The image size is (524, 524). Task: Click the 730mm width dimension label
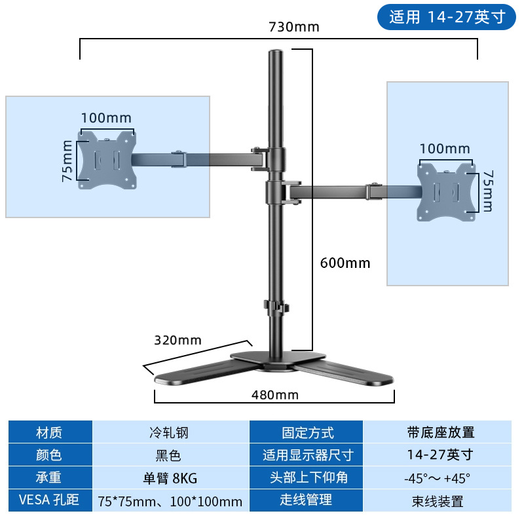(x=293, y=28)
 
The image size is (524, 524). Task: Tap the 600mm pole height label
(x=345, y=263)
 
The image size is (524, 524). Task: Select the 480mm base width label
(x=275, y=395)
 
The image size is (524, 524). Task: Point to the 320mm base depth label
(x=178, y=340)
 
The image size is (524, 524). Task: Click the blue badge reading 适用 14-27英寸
(x=447, y=17)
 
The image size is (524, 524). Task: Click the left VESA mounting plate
(x=107, y=159)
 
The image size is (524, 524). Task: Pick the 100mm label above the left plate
(x=106, y=119)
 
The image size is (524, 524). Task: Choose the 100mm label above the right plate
(x=445, y=149)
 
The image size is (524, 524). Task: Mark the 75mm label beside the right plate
(x=486, y=191)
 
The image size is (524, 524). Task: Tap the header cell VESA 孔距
(x=49, y=500)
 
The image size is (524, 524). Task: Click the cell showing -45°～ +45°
(x=438, y=477)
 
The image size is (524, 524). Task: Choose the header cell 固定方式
(x=307, y=433)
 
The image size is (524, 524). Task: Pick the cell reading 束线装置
(x=438, y=502)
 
